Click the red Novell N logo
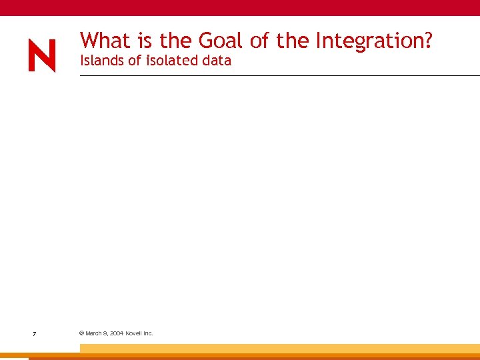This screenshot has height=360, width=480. click(41, 56)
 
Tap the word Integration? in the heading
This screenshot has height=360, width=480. click(374, 41)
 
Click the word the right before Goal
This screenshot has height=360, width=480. click(175, 41)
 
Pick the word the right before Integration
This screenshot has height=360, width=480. click(293, 41)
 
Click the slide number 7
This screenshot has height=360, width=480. click(34, 333)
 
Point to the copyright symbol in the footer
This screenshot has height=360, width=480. click(81, 333)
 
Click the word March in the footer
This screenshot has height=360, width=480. click(94, 333)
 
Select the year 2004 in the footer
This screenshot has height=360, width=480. click(117, 333)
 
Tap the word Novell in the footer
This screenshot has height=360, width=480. click(135, 333)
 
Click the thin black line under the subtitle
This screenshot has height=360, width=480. click(280, 76)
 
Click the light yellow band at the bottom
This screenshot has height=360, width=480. click(280, 348)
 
